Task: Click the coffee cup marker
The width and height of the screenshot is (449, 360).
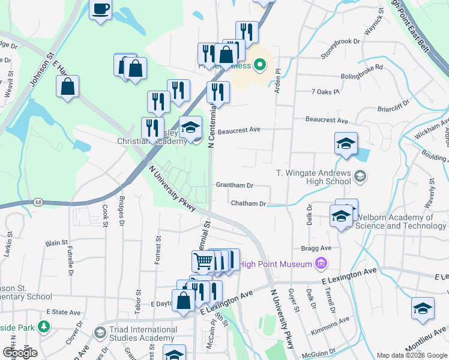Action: (x=101, y=9)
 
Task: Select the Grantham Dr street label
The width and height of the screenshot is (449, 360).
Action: (x=234, y=186)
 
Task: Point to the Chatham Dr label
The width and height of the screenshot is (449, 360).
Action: (x=249, y=204)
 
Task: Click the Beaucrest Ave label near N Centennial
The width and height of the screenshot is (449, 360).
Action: (x=238, y=130)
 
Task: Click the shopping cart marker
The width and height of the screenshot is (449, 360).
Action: (x=203, y=261)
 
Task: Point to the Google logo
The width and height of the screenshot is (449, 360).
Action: (x=20, y=353)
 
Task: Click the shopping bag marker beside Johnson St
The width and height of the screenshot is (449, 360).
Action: (x=68, y=86)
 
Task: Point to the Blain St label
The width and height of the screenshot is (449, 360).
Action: (x=56, y=243)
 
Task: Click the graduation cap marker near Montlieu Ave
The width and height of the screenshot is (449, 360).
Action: (x=423, y=308)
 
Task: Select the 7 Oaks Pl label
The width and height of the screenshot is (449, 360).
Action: (x=325, y=92)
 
